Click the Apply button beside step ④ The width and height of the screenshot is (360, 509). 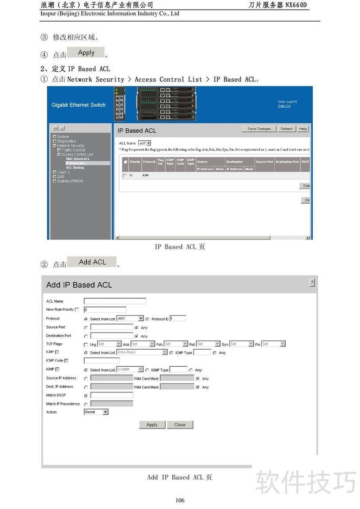(86, 53)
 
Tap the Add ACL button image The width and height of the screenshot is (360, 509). (92, 262)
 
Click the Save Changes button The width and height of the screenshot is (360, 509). (259, 129)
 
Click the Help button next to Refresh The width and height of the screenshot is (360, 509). (303, 129)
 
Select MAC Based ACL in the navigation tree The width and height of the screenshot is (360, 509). (78, 159)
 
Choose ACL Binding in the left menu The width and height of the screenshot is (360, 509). (75, 167)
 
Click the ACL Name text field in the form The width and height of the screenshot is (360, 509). (115, 301)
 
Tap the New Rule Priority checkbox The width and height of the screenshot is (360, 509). (77, 310)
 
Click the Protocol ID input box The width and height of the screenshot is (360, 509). (178, 319)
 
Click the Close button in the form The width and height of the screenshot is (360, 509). (180, 424)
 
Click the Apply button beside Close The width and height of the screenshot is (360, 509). (152, 424)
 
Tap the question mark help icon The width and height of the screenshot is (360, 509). (312, 283)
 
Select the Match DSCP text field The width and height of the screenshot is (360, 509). (112, 395)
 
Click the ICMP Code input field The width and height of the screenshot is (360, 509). (102, 360)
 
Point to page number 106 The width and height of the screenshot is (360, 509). (180, 500)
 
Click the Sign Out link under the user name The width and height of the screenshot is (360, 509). (284, 106)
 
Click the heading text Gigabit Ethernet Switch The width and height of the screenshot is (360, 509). (78, 105)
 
